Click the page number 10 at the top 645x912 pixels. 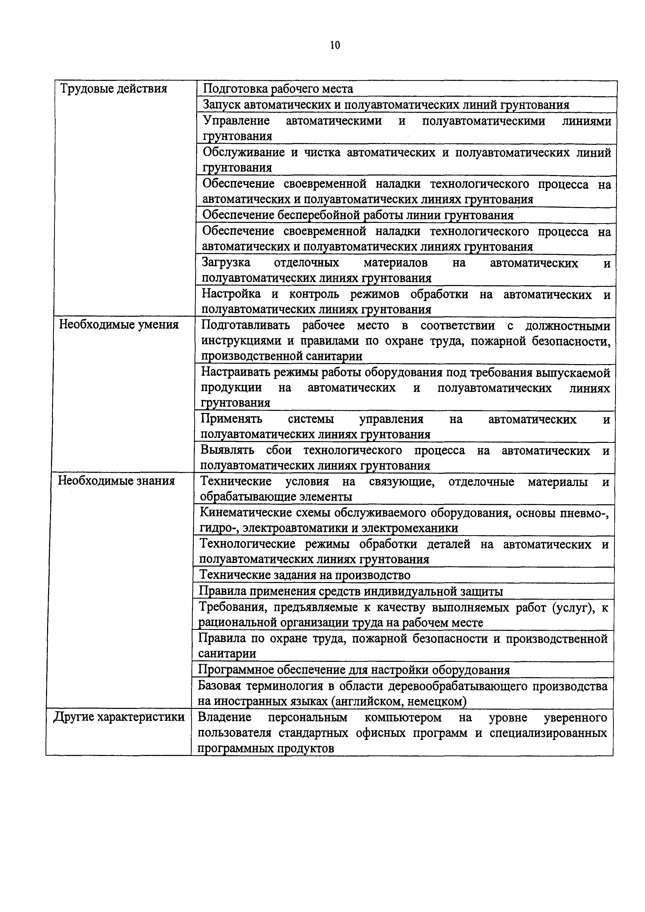(x=335, y=45)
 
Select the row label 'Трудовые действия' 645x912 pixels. (x=113, y=88)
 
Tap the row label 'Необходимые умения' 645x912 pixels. (x=119, y=325)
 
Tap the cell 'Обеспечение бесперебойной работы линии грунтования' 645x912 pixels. (x=357, y=215)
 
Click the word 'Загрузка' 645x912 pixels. (x=226, y=263)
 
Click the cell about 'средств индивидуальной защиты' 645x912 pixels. (x=350, y=591)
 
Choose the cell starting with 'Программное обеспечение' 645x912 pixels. (x=353, y=670)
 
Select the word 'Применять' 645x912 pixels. (x=231, y=419)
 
